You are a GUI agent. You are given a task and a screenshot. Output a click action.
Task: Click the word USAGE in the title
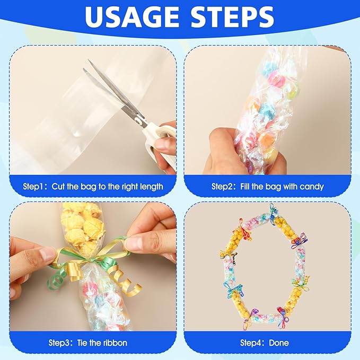tap(131, 17)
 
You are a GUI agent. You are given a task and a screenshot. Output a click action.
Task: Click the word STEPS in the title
tap(232, 17)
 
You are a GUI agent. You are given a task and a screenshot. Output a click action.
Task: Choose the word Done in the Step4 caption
tap(279, 343)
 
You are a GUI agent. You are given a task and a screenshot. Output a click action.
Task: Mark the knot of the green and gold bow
tap(92, 260)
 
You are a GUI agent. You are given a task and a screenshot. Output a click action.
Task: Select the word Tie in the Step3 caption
tap(82, 343)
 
